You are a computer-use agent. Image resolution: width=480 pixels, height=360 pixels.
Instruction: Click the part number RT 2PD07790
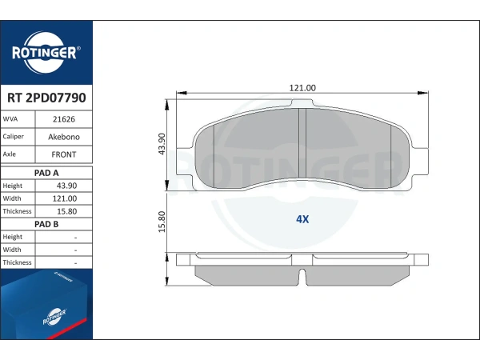coord(46,98)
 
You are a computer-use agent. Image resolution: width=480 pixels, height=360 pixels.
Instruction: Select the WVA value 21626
coord(64,119)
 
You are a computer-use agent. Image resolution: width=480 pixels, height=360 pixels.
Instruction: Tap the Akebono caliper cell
coord(64,137)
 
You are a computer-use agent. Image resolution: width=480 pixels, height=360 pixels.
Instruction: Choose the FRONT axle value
coord(64,154)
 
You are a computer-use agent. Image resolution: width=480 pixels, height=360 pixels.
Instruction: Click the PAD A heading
coord(46,173)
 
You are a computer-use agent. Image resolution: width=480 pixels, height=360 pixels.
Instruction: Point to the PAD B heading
coord(46,224)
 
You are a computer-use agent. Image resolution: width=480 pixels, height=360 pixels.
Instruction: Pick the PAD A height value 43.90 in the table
coord(66,186)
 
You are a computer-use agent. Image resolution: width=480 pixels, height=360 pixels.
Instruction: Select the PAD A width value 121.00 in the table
coord(65,198)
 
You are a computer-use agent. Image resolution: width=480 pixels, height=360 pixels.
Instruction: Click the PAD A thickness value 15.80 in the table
coord(66,211)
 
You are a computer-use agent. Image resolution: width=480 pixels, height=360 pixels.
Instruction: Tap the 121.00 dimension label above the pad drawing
coord(302,88)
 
